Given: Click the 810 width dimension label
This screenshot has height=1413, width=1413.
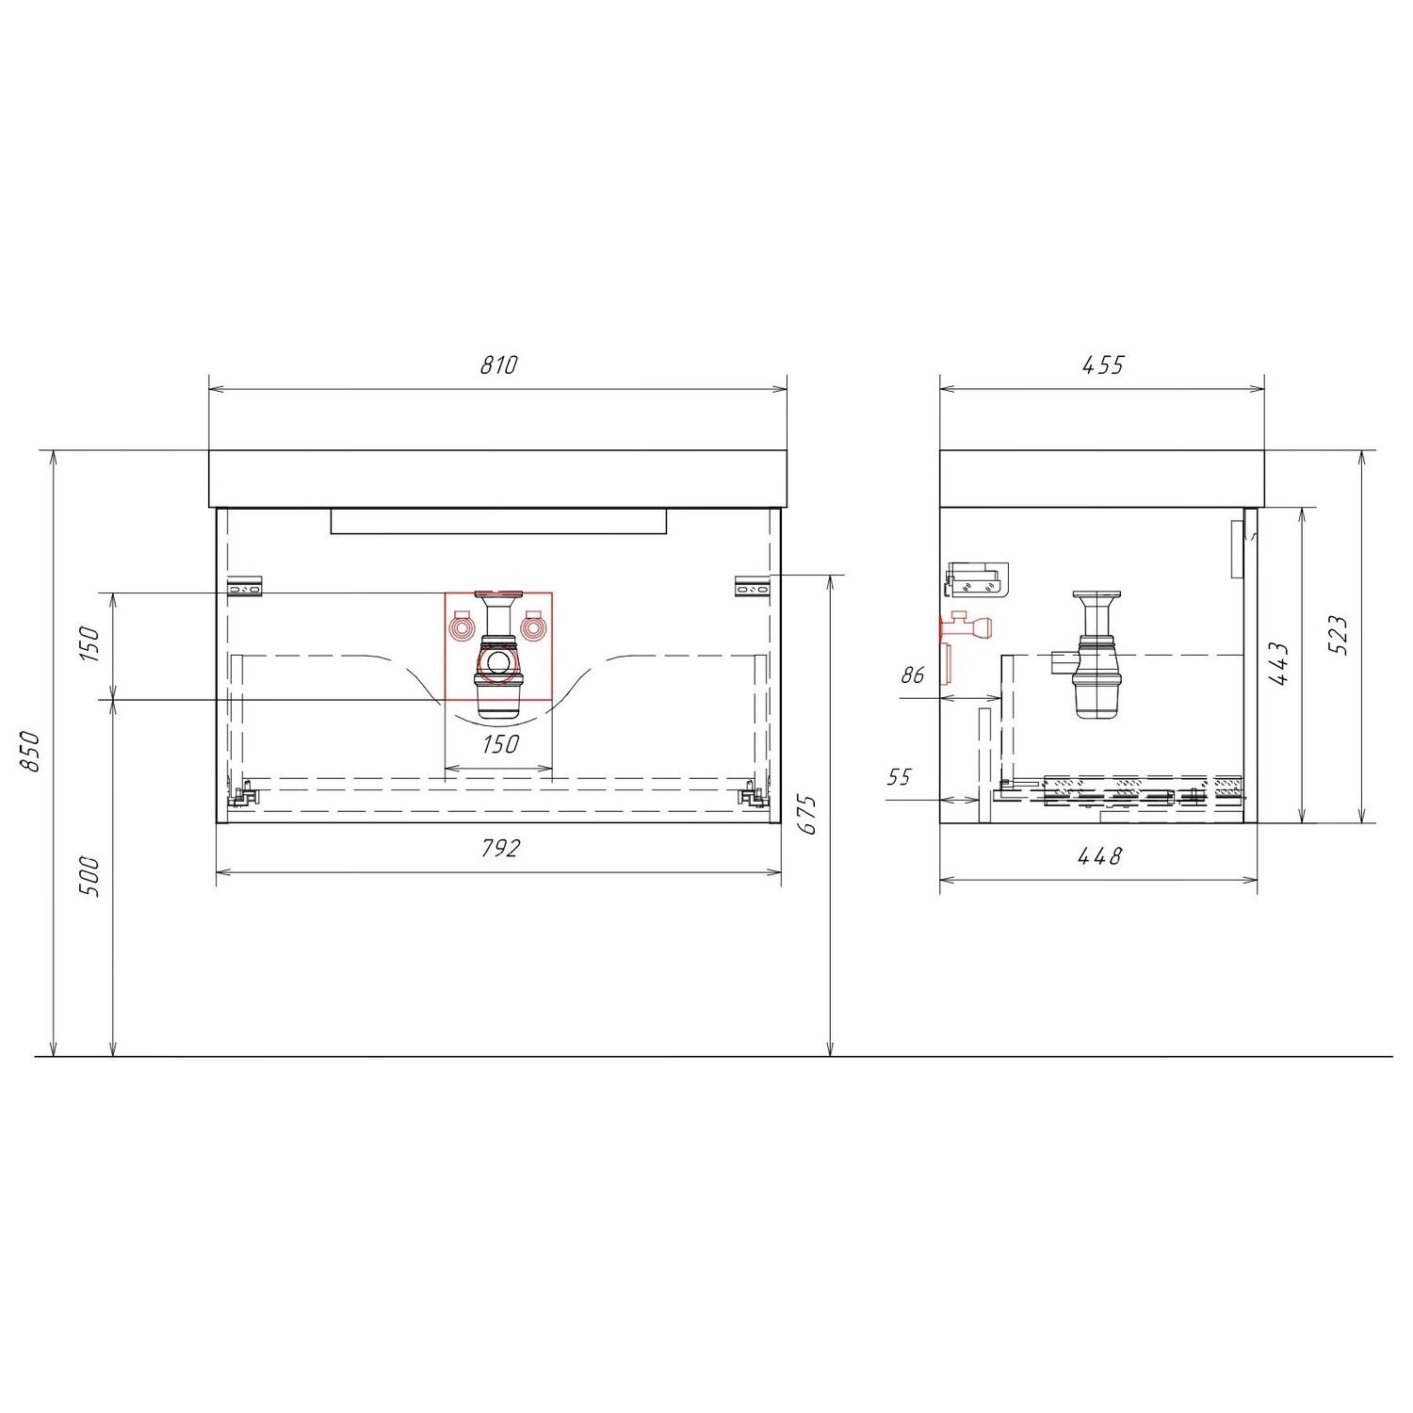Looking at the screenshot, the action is coord(499,365).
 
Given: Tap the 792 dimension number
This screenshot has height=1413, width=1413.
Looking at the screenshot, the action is coord(500,849).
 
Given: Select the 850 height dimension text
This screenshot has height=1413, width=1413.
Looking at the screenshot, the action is coord(31,751).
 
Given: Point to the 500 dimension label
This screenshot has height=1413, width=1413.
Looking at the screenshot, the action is coord(89,876).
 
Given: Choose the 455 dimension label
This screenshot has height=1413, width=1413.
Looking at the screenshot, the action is coord(1104,365).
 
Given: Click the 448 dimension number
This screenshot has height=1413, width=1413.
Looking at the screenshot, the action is coord(1100,856).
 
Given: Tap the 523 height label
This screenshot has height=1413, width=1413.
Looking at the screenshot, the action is coord(1341,635).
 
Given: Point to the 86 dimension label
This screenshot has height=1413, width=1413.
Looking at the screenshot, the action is coord(913,674).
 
